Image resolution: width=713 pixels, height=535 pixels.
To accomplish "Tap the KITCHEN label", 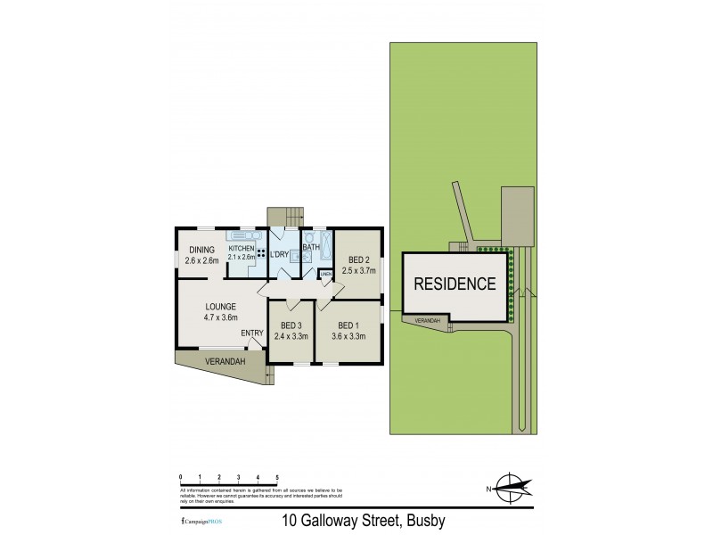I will click(242, 248).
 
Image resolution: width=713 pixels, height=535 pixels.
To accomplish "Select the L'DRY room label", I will click(279, 255).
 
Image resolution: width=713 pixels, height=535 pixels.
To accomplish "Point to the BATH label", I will click(311, 248).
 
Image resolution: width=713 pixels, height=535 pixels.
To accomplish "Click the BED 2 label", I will click(357, 259).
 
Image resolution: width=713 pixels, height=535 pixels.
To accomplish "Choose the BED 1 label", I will click(348, 326).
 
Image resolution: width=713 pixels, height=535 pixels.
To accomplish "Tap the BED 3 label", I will click(290, 326).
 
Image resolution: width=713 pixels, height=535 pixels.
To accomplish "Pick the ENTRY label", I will click(252, 334).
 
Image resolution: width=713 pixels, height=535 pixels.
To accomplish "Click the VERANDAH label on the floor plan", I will click(202, 362).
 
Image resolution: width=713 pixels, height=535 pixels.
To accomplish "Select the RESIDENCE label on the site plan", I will click(454, 285).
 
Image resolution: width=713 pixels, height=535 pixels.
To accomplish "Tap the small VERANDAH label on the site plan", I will click(427, 320).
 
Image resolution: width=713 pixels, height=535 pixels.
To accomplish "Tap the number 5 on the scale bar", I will click(278, 478).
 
